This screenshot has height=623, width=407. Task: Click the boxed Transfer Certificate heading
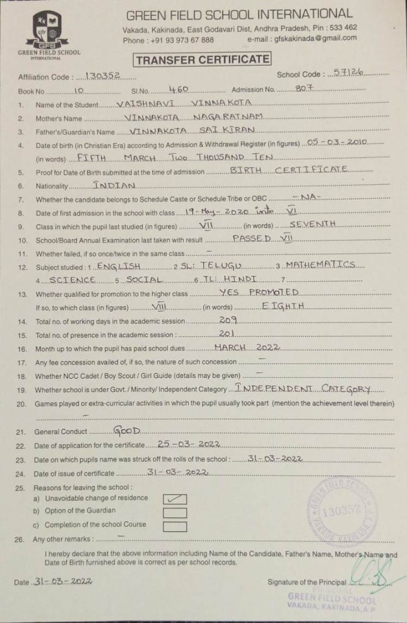coord(203,60)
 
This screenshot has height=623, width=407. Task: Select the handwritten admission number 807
coord(304,89)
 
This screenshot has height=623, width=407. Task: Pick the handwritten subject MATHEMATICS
coord(320,265)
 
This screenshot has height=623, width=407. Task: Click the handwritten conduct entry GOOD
coord(127,431)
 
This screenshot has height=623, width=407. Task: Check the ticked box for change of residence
coord(175,499)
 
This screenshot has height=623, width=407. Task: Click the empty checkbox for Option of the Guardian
coord(175,512)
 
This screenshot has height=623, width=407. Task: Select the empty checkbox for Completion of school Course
coord(175,526)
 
